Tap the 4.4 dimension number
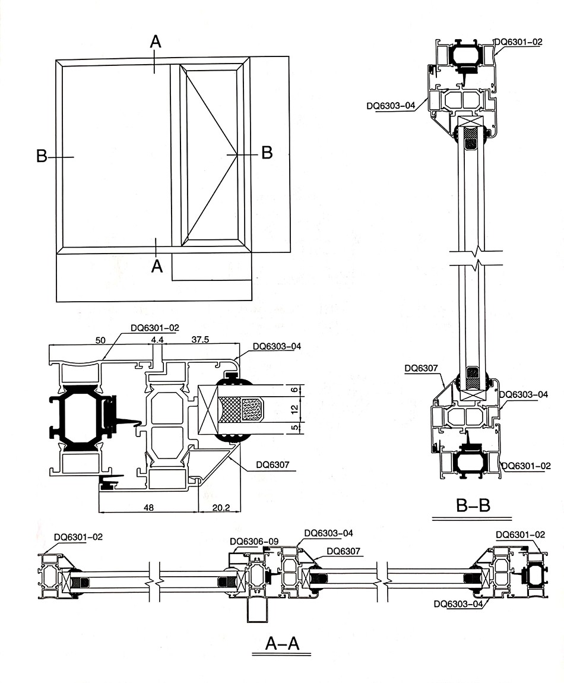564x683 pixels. pos(157,339)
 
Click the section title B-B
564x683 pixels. pos(473,505)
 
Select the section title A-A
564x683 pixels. pos(282,643)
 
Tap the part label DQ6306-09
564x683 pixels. pos(254,541)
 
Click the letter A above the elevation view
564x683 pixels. pos(156,41)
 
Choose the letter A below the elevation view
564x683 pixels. pos(157,267)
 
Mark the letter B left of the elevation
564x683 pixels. pos(42,157)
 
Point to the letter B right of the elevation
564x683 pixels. pos(267,153)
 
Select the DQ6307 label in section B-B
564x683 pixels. pos(421,368)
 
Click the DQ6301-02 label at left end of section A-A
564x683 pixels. pos(78,537)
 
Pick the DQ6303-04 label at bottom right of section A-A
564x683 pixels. pos(459,604)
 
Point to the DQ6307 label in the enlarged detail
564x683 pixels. pos(272,465)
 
